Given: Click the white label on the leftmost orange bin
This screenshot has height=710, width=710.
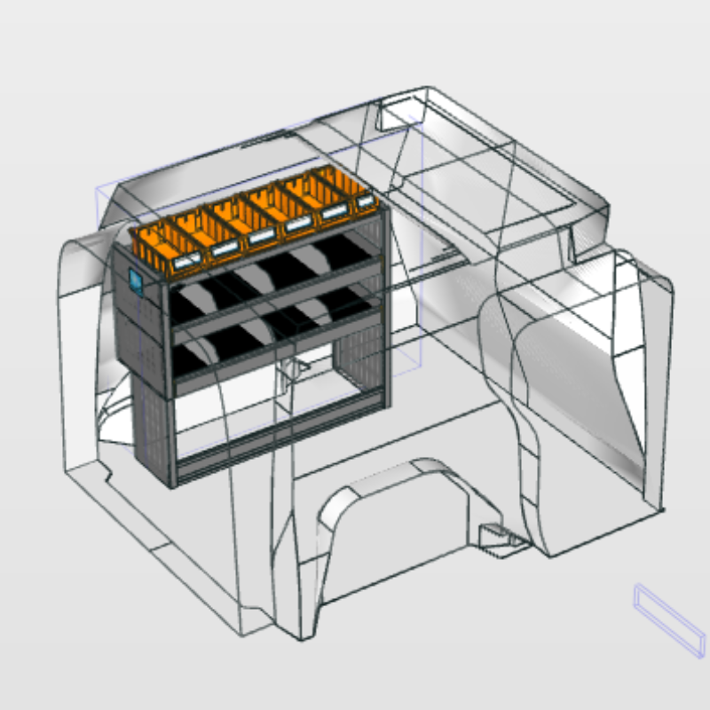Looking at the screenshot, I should point(188,262).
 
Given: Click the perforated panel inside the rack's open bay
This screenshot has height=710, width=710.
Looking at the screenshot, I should point(355,373).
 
